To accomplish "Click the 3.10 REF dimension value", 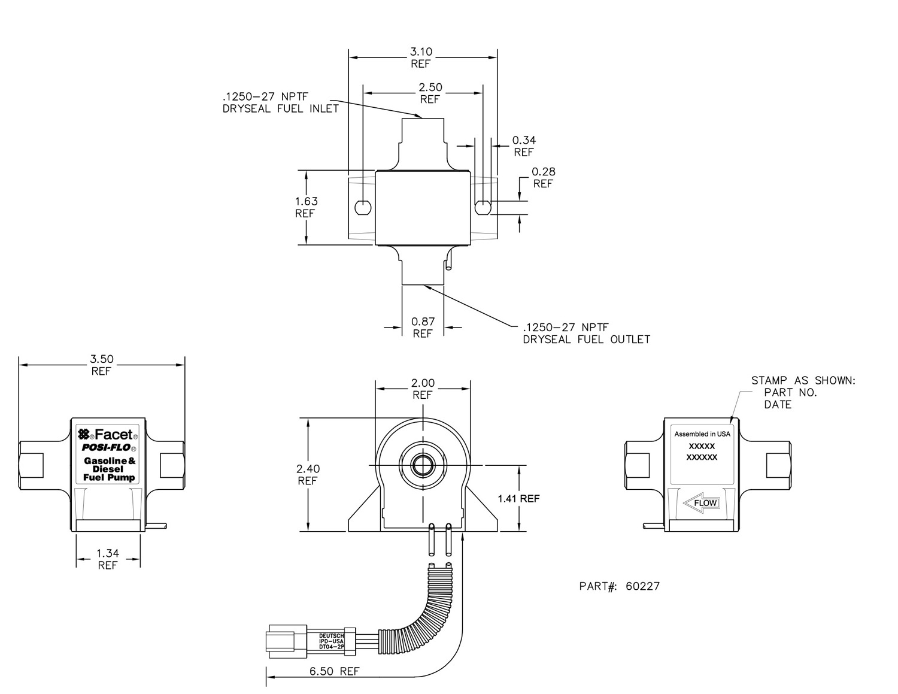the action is pos(421,57).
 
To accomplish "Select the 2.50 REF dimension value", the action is pos(430,93).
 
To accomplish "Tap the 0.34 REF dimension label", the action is pos(524,146).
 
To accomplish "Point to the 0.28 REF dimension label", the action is pos(543,177).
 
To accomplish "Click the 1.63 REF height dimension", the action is pos(306,207).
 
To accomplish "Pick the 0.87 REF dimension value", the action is pos(423,327).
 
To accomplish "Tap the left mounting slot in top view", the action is pos(363,208).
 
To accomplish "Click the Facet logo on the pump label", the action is pos(108,434).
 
